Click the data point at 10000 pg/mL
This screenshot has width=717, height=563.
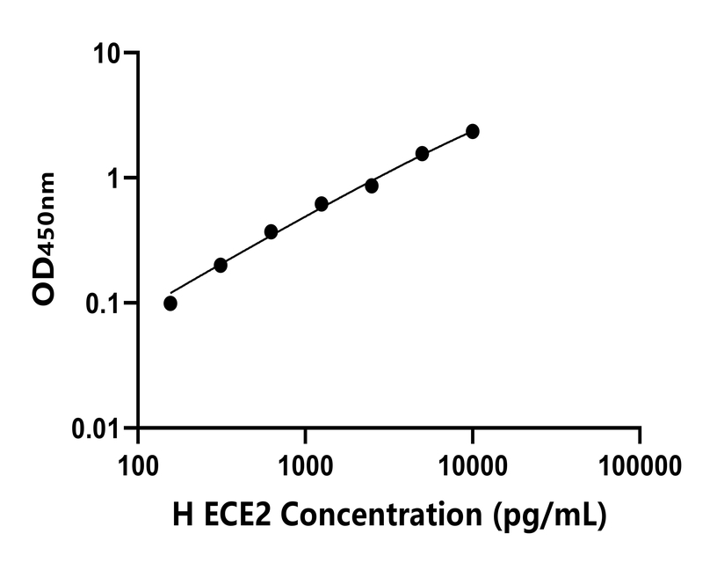(x=473, y=131)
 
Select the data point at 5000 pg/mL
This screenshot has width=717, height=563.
(x=423, y=153)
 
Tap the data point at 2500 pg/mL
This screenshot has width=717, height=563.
(x=372, y=186)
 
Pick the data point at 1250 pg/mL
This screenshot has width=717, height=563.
(x=322, y=204)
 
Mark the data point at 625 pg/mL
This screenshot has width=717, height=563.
(x=271, y=231)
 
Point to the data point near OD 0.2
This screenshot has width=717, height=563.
(x=221, y=265)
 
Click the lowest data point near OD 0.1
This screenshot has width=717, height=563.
(x=170, y=303)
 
